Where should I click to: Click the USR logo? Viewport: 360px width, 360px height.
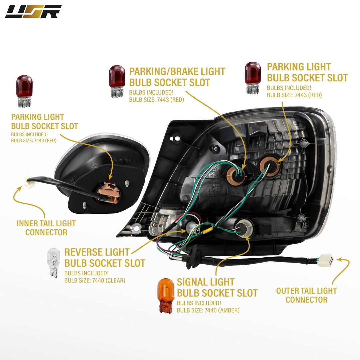(33, 11)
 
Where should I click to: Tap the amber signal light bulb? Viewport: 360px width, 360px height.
(166, 296)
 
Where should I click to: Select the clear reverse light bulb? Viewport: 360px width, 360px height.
(53, 262)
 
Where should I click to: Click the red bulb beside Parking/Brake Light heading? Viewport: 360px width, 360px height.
(117, 81)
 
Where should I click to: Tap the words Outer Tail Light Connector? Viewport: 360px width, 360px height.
(307, 295)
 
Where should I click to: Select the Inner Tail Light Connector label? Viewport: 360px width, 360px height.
(46, 228)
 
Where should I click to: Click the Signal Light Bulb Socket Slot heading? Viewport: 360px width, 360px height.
(217, 287)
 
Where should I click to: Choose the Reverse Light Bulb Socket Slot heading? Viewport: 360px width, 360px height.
(105, 258)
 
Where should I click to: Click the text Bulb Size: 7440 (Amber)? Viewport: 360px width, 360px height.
(208, 310)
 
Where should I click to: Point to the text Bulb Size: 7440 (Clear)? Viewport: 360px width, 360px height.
(95, 280)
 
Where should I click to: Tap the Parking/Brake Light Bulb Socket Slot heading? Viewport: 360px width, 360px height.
(177, 77)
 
